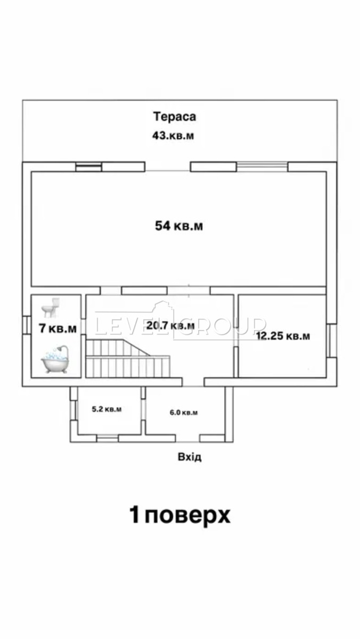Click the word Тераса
coord(175,117)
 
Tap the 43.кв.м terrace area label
coord(173,135)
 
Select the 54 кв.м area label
coord(179,226)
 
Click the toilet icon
coord(51,308)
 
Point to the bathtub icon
coord(55,359)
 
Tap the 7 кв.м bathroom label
coord(58,329)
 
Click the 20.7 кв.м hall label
coord(170,325)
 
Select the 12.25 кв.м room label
coord(283,336)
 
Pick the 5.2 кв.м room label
coord(107,409)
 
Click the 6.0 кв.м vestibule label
coord(184,412)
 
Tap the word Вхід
coord(190,457)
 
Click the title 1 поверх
coord(180,515)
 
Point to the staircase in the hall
coord(128,358)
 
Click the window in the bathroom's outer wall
coord(27,325)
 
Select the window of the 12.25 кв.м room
coord(331,340)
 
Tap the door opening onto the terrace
coord(168,167)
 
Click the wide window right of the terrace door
coord(262,167)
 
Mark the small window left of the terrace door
coord(89,167)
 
